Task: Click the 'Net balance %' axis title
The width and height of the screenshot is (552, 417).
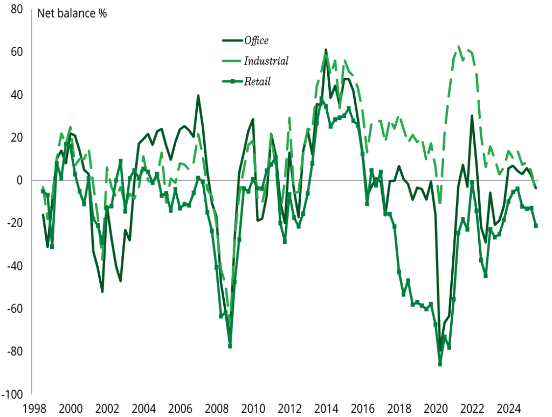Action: click(72, 13)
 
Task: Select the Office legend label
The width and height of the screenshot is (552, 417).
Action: click(256, 40)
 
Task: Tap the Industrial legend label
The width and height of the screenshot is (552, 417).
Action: click(266, 61)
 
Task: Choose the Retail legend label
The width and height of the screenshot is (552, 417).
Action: click(257, 82)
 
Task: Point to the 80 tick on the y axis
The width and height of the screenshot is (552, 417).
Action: click(16, 10)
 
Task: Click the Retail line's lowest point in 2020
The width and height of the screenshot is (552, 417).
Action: click(440, 364)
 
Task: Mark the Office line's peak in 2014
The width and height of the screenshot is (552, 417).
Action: click(326, 50)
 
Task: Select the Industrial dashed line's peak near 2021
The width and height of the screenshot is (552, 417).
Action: click(459, 46)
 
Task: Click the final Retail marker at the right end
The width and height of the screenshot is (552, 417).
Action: click(536, 225)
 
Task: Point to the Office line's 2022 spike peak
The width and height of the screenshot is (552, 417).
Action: click(472, 116)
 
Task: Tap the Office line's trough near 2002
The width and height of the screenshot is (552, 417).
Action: click(102, 292)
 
